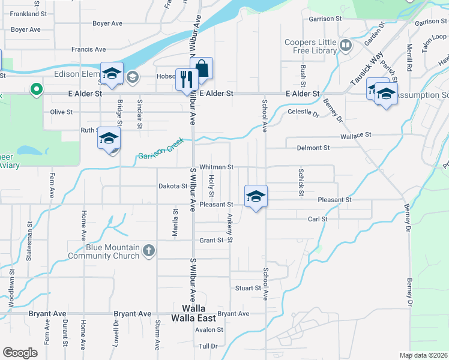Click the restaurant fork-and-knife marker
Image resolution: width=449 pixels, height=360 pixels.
pyautogui.click(x=186, y=79)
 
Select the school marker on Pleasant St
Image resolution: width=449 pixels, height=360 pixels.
pyautogui.click(x=256, y=196)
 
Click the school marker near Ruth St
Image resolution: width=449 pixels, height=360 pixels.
pyautogui.click(x=109, y=138)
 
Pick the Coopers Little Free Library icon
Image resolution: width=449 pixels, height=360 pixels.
pyautogui.click(x=345, y=45)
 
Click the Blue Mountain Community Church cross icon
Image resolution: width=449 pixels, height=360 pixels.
pyautogui.click(x=149, y=251)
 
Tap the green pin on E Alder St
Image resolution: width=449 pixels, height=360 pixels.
pyautogui.click(x=37, y=90)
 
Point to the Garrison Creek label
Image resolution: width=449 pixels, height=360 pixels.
pyautogui.click(x=160, y=151)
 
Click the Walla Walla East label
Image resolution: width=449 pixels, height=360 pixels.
pyautogui.click(x=194, y=313)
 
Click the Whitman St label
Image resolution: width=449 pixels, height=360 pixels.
pyautogui.click(x=216, y=167)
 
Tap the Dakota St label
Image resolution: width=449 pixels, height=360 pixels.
pyautogui.click(x=173, y=186)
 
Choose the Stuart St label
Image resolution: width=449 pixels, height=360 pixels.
pyautogui.click(x=248, y=288)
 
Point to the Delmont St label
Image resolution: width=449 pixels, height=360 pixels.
pyautogui.click(x=313, y=148)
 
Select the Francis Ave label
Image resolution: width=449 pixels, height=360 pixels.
pyautogui.click(x=88, y=49)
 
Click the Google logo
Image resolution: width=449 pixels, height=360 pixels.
pyautogui.click(x=20, y=353)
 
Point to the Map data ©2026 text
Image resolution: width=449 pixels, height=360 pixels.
pyautogui.click(x=423, y=355)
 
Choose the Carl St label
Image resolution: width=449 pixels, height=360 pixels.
pyautogui.click(x=318, y=220)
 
